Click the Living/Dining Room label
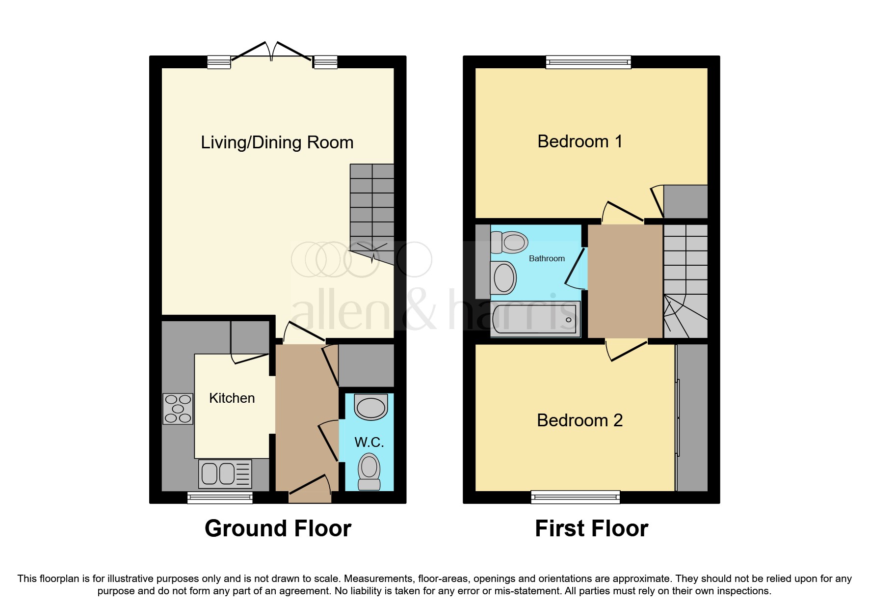[277, 142]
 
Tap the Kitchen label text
[232, 398]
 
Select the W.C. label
[369, 442]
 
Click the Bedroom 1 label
[579, 141]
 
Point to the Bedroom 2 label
[579, 420]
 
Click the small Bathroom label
[547, 258]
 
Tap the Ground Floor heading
[278, 528]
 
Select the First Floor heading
[591, 528]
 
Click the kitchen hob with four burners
[178, 409]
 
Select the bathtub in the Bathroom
[535, 319]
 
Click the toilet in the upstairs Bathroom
[510, 242]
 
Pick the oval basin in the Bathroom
[503, 278]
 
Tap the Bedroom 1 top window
[588, 62]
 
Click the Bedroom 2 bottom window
[575, 497]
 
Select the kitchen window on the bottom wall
[220, 498]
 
